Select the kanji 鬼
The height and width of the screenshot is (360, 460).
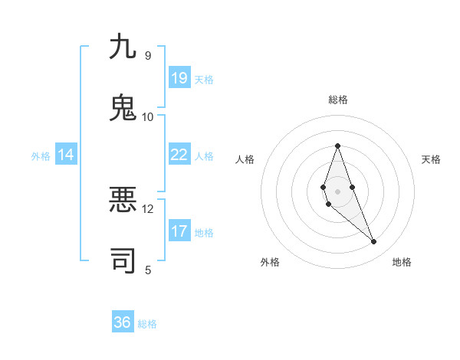(123, 107)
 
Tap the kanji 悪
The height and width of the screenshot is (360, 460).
(123, 200)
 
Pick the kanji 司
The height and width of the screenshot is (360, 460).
(123, 260)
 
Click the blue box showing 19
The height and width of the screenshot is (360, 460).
(179, 77)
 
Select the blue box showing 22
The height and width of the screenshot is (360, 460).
(179, 155)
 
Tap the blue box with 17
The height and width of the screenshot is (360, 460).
(179, 231)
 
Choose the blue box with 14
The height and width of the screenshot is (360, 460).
(66, 155)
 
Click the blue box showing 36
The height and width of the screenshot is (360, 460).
(123, 322)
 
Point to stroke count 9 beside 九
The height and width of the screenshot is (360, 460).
(147, 55)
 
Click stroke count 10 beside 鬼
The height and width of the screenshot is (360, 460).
(147, 116)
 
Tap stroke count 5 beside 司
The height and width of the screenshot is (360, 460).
(147, 270)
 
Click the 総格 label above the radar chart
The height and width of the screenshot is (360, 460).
(337, 100)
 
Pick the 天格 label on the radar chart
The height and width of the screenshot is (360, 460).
(431, 159)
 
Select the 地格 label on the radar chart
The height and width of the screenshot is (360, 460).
(402, 262)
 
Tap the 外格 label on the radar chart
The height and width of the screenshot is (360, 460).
(270, 262)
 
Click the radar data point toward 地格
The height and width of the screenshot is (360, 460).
(373, 242)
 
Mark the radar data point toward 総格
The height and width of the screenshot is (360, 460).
(337, 146)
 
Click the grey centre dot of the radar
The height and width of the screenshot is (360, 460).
(337, 191)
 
